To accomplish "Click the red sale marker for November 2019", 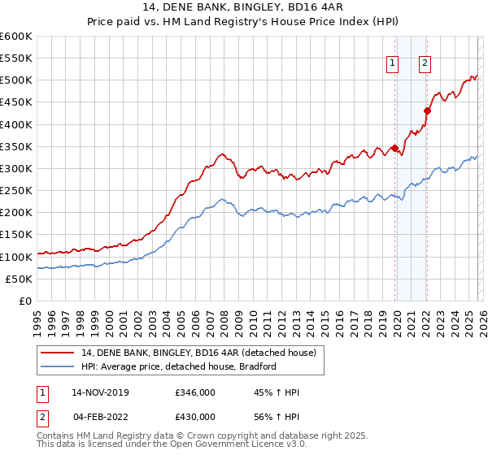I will (x=394, y=148).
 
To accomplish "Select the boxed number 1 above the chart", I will (x=393, y=63).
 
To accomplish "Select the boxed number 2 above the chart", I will (x=425, y=63).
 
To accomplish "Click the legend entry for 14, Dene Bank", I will (x=203, y=352).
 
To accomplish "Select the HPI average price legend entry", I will (x=179, y=366).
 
